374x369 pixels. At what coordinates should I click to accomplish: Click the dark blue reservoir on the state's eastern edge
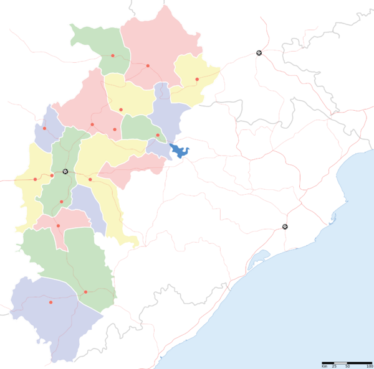pos(180,150)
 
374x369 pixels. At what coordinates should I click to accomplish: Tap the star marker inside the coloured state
pos(65,171)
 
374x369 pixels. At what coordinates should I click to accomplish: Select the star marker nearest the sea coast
pos(285,227)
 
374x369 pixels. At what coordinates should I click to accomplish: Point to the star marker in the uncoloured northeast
pos(259,54)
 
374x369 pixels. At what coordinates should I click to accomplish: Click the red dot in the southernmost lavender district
pos(50,302)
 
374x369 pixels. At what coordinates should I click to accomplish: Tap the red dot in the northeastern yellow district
pos(197,79)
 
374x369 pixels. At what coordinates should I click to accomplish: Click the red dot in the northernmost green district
pos(113,56)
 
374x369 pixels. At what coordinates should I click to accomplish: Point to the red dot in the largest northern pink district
pos(148,65)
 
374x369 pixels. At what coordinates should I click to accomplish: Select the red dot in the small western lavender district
pos(44,129)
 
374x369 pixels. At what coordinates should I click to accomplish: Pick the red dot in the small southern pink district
pos(58,225)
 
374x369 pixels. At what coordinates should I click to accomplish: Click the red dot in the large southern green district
pos(85,291)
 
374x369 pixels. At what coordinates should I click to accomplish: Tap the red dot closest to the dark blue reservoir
pos(158,135)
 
